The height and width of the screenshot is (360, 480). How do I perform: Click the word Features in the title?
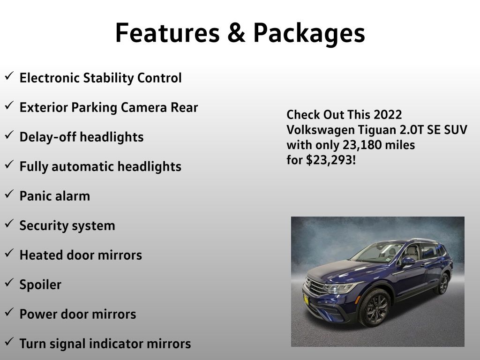(x=167, y=33)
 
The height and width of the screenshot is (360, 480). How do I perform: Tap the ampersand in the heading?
(x=236, y=33)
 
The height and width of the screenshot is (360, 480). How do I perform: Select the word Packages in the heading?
(x=309, y=34)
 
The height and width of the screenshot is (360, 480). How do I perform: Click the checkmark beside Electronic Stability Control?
(x=9, y=75)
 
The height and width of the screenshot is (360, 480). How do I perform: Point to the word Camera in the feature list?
(x=144, y=107)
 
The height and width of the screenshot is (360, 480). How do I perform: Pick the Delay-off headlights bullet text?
(x=82, y=137)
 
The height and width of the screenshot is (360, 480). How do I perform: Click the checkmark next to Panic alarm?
(x=9, y=194)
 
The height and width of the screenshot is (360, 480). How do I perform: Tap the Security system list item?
(x=67, y=226)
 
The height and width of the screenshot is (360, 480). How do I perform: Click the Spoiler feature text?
(x=40, y=285)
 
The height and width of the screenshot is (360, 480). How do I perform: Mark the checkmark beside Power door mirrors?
(x=9, y=312)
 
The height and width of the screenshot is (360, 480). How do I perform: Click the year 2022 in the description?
(x=388, y=115)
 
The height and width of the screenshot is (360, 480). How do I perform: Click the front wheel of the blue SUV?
(x=375, y=307)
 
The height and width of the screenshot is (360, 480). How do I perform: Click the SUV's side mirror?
(x=407, y=261)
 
